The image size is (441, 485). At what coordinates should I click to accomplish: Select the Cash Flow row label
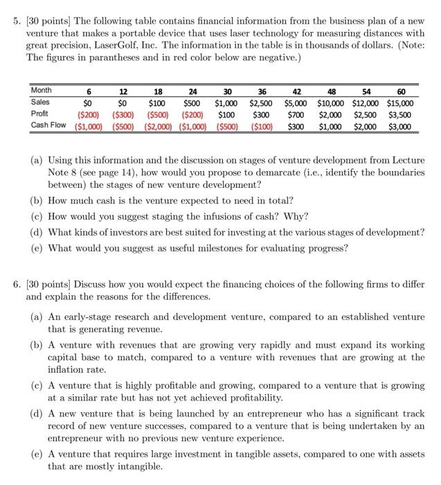pyautogui.click(x=48, y=125)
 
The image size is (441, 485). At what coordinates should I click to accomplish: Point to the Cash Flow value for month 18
pyautogui.click(x=159, y=125)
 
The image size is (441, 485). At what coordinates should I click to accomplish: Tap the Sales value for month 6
pyautogui.click(x=89, y=103)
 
